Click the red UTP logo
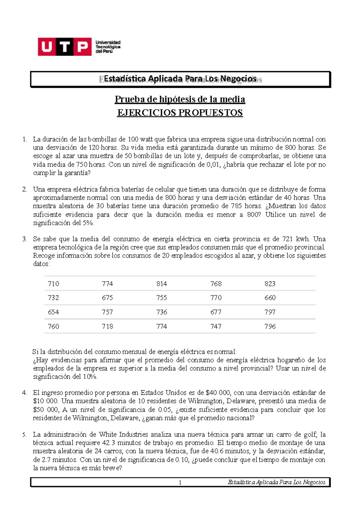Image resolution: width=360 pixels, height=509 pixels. coord(64,47)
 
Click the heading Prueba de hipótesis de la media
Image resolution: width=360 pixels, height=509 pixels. coord(180,99)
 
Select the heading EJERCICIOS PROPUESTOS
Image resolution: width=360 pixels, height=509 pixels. coord(180,113)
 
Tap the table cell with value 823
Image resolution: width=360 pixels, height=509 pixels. coord(270,284)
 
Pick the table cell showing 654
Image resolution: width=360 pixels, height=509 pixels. coord(53,312)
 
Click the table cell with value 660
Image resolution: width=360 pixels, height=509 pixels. coord(270,298)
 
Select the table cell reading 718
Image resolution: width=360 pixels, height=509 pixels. coord(107,326)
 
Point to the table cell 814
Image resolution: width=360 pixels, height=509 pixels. coord(161,284)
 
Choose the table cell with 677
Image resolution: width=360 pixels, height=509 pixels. coord(216,312)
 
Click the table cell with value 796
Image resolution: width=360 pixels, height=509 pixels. coord(270,326)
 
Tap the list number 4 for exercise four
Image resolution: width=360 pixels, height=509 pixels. coord(25,393)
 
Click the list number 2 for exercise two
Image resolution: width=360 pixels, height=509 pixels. coord(25,189)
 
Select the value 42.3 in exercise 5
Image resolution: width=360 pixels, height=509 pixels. coord(109,443)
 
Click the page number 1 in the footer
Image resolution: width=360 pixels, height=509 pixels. coord(180,483)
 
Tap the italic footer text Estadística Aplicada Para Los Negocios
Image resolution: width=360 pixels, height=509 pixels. coord(276,482)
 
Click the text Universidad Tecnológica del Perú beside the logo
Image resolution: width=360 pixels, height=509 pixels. coord(108,47)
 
